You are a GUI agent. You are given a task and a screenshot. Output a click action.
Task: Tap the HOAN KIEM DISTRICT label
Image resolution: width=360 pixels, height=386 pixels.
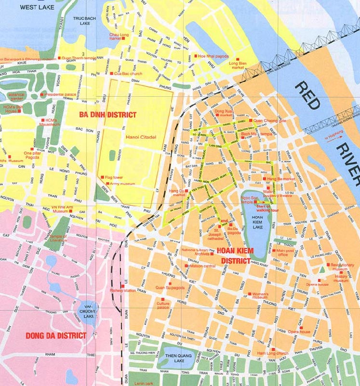236,255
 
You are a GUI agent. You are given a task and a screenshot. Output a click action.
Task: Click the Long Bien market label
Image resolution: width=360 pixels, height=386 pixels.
237,65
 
